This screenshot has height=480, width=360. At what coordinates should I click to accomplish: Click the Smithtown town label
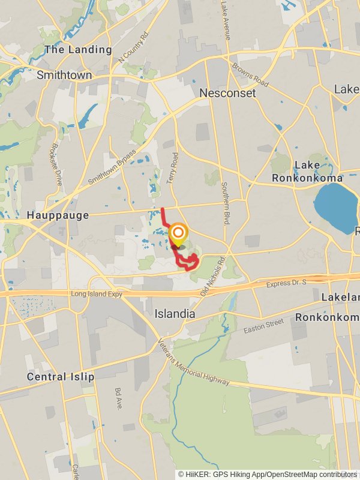pos(64,76)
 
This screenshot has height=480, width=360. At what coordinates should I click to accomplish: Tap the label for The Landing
pos(78,50)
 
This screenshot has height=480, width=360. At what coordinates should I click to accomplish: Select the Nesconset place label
pos(227,93)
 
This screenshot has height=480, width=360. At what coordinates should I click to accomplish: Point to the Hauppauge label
pos(58,215)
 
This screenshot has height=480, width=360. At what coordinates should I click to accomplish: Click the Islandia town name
pos(175,314)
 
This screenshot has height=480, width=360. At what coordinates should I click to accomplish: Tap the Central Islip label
pos(61,377)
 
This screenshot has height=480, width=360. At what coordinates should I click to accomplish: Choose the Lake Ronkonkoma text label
pos(307,171)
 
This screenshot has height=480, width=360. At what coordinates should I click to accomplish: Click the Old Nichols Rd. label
pos(212,277)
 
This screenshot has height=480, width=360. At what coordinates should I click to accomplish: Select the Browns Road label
pos(250,74)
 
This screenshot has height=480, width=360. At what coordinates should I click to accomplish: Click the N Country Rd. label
pos(133,48)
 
